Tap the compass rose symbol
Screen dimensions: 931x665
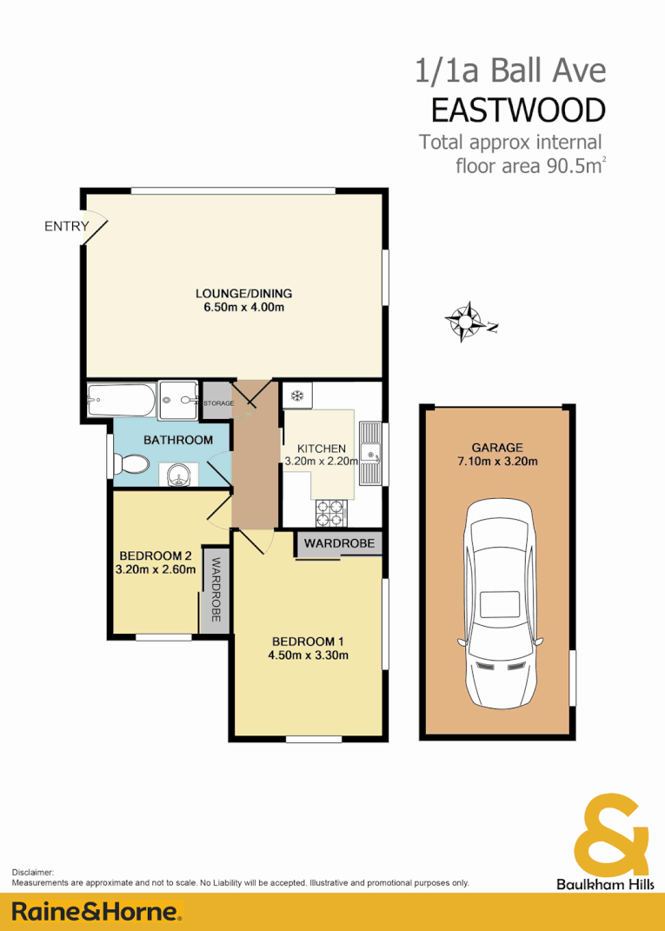(x=467, y=322)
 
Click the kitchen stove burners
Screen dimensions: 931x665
(x=330, y=513)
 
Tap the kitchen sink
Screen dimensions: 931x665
(x=371, y=452)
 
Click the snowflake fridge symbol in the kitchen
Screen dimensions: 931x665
(x=296, y=396)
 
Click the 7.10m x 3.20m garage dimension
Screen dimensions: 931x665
(x=497, y=462)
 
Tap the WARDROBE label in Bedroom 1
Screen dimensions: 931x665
(x=339, y=543)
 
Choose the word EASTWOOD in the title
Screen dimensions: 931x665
(x=518, y=110)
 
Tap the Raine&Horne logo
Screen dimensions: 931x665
(x=96, y=912)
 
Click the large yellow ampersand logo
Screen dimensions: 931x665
(x=611, y=832)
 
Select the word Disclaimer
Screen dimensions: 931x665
(x=33, y=872)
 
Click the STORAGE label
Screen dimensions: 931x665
(x=217, y=403)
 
